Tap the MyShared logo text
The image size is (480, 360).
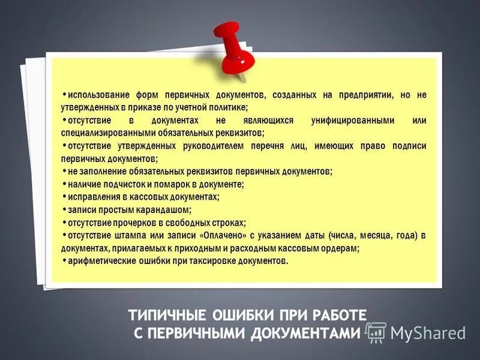pos(428,332)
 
